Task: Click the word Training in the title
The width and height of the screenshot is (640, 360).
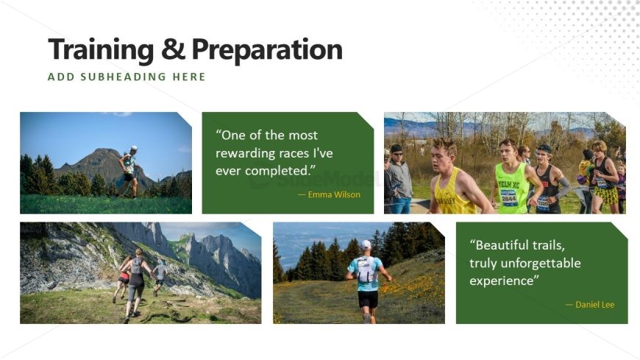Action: point(101,50)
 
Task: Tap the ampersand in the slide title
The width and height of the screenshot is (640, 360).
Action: point(173,49)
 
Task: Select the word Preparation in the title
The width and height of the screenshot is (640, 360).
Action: point(267,50)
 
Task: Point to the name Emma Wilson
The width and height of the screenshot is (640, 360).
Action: point(334,194)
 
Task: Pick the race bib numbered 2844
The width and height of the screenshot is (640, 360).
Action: point(509,198)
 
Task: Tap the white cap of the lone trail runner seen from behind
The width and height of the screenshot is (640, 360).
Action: point(366,244)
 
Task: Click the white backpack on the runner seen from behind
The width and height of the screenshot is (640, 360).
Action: point(366,270)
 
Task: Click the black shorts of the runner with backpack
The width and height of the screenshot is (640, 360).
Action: point(368,300)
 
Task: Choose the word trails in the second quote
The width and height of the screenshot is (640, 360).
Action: point(549,245)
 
